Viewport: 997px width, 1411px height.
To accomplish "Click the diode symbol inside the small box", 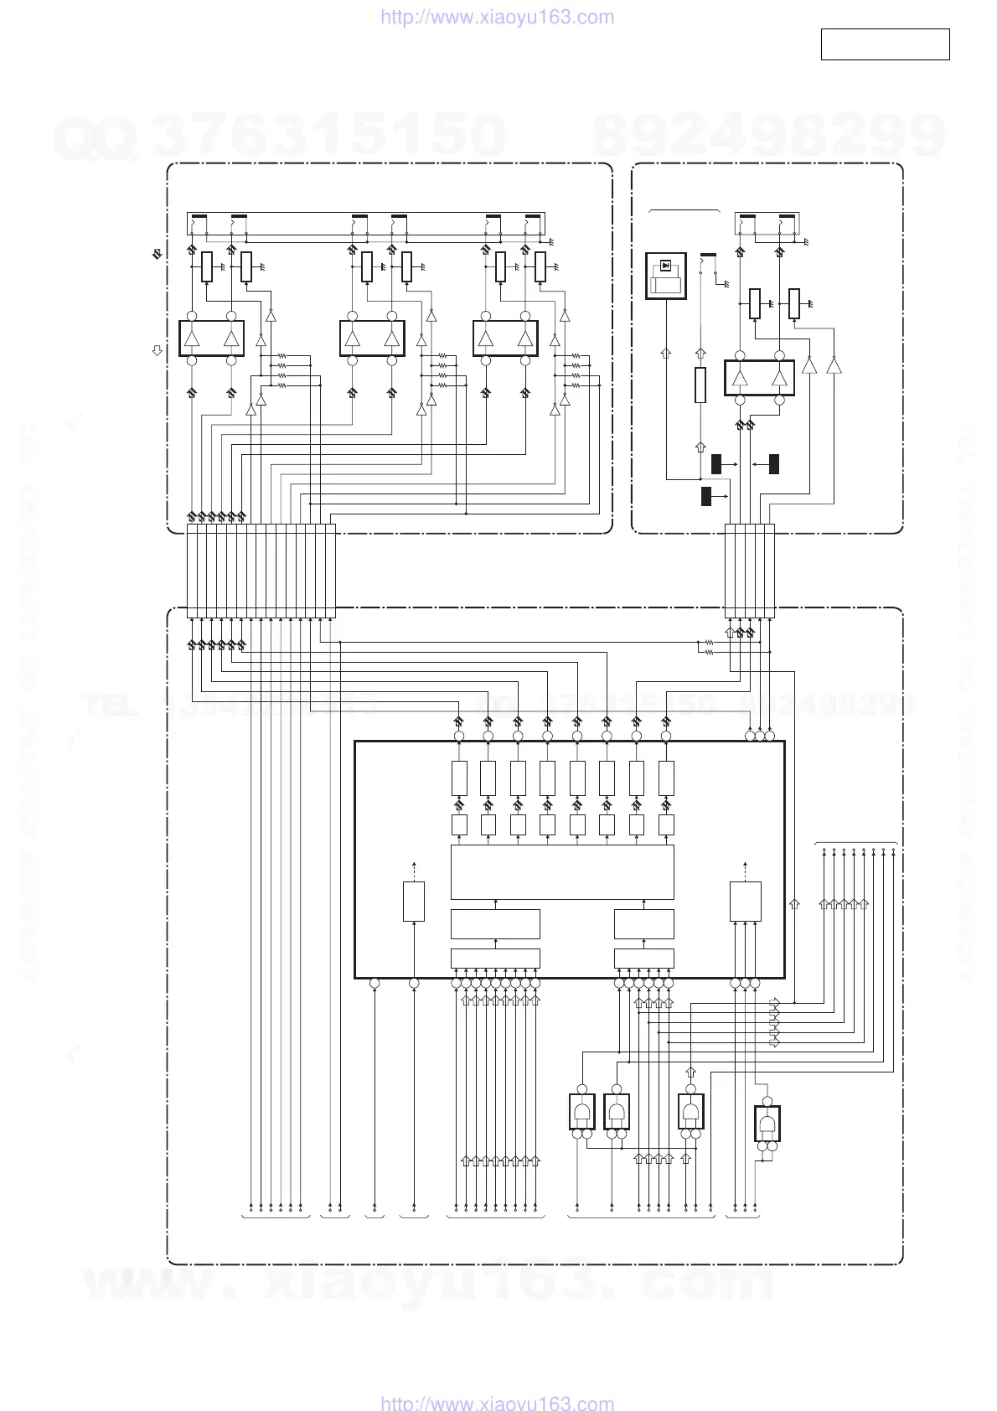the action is (665, 266).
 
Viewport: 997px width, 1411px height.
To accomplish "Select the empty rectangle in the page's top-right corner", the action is (885, 44).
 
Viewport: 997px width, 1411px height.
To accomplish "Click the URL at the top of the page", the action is (498, 18).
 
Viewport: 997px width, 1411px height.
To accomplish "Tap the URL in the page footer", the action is (498, 1402).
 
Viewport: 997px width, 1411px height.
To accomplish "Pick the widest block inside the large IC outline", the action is (562, 872).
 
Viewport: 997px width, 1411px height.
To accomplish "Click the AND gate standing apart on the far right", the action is (767, 1122).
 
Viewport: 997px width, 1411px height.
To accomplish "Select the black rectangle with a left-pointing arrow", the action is (773, 463).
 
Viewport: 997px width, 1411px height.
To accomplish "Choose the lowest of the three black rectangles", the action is (705, 496).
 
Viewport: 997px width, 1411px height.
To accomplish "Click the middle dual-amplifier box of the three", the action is (372, 339).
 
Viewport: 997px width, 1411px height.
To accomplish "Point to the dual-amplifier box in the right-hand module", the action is (759, 378).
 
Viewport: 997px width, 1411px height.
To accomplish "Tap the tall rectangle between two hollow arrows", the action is (700, 385).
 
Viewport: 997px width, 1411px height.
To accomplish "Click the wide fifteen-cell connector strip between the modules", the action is (261, 571).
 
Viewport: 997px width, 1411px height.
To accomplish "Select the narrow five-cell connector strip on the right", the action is (749, 571).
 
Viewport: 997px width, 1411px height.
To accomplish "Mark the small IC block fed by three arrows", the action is (745, 901).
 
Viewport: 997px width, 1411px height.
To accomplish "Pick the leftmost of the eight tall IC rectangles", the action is (459, 778).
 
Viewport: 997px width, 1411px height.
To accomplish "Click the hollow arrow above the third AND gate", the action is (690, 1072).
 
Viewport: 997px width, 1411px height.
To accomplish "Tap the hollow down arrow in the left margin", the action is (157, 351).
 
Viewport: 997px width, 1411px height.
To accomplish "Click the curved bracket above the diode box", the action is (684, 210).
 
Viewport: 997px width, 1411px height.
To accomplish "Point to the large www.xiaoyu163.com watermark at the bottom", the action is (427, 1282).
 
